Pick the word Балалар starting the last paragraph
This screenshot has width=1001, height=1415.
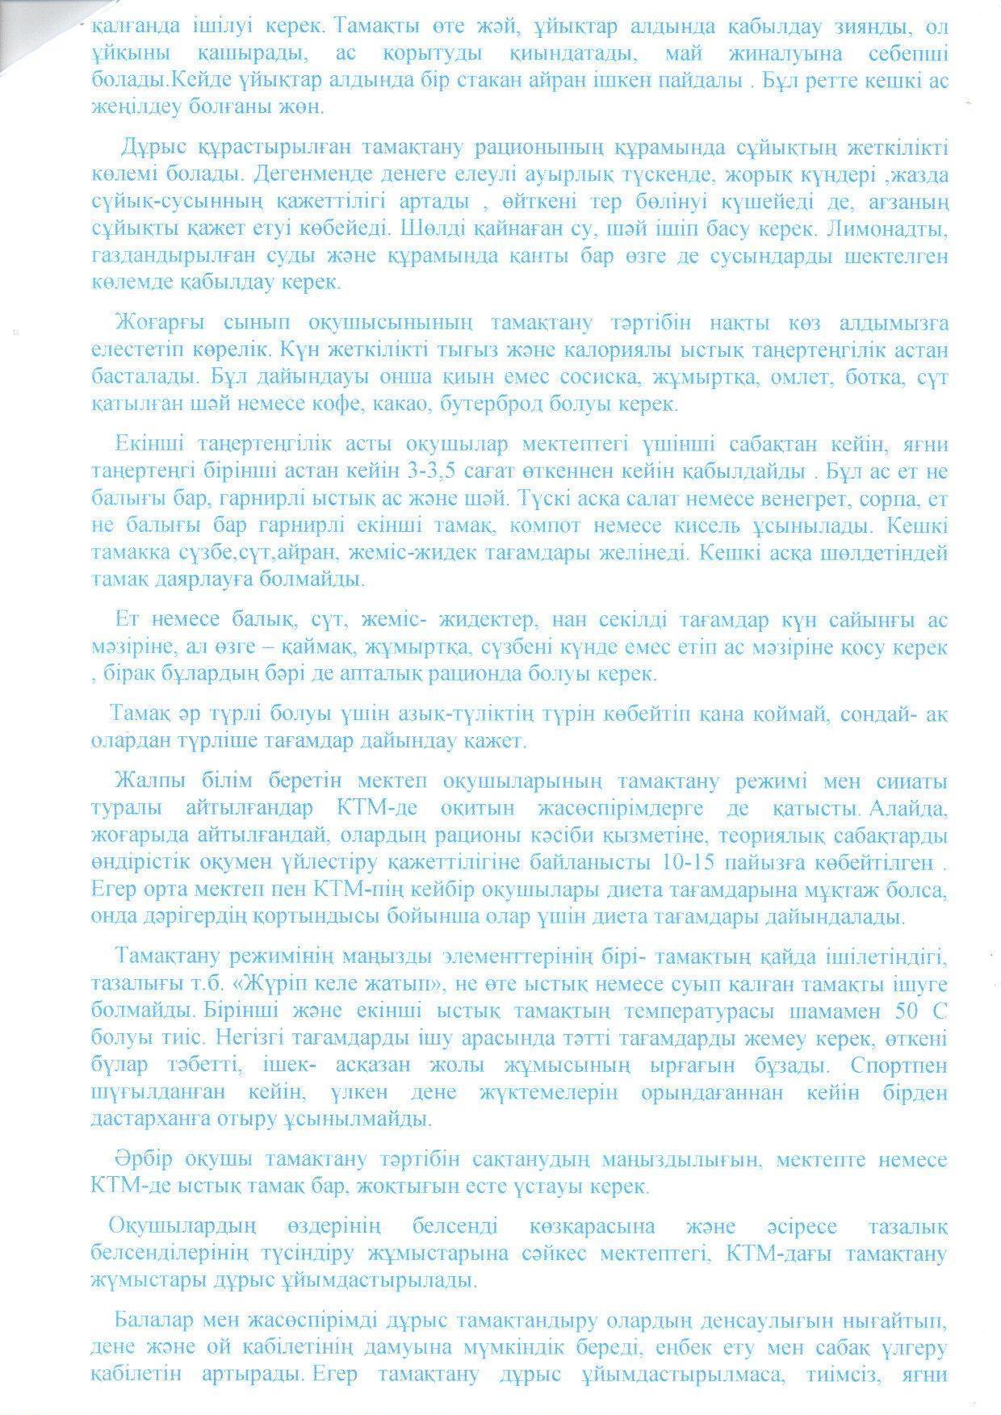pos(152,1322)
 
